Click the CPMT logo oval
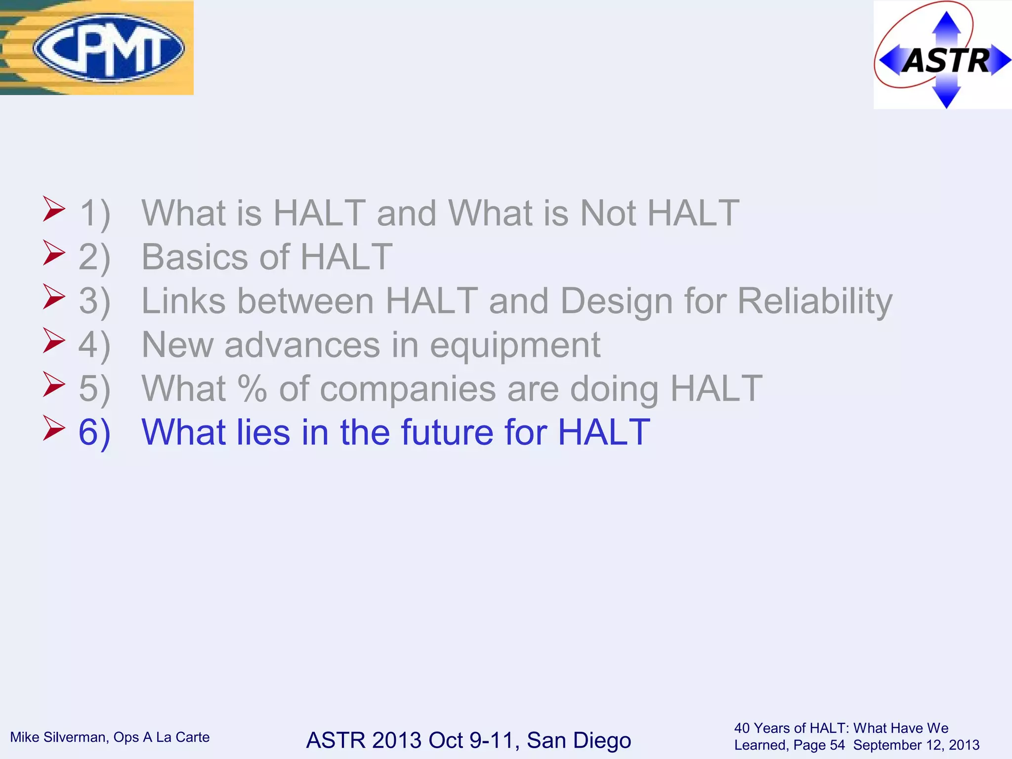pyautogui.click(x=108, y=47)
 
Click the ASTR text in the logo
pyautogui.click(x=946, y=61)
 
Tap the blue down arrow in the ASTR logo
pyautogui.click(x=946, y=96)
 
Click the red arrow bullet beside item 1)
pyautogui.click(x=53, y=209)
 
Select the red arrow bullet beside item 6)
pyautogui.click(x=53, y=428)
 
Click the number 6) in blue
pyautogui.click(x=94, y=432)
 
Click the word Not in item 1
pyautogui.click(x=608, y=213)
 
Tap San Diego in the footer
pyautogui.click(x=578, y=740)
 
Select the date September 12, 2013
pyautogui.click(x=916, y=745)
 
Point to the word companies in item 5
pyautogui.click(x=407, y=388)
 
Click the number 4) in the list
pyautogui.click(x=94, y=345)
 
